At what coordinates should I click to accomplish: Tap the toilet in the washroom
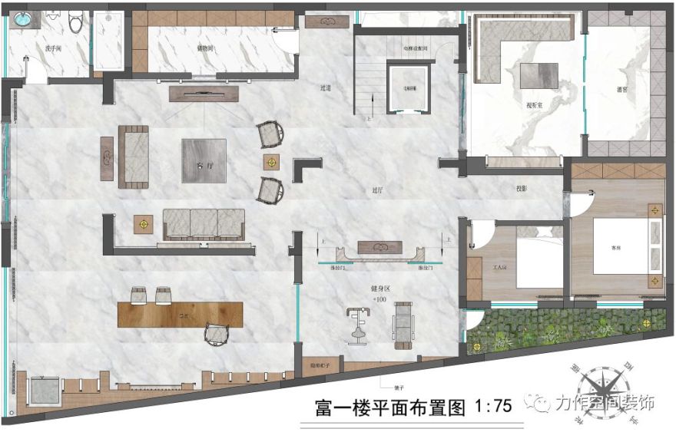click(75, 24)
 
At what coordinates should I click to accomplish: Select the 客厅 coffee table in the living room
click(204, 160)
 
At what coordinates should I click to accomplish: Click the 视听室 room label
click(535, 105)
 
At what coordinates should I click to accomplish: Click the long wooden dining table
click(180, 314)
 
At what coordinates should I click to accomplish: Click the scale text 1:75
click(494, 407)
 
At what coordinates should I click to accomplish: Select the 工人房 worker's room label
click(500, 270)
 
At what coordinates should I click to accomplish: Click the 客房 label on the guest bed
click(615, 249)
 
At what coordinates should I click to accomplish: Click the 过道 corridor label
click(326, 88)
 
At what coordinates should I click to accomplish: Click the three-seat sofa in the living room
click(204, 223)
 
